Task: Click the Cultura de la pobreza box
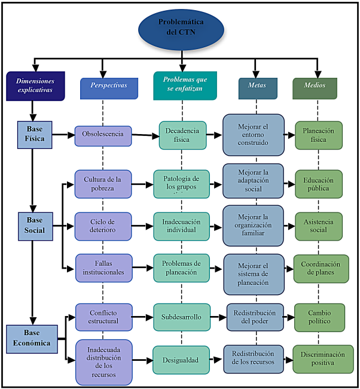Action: point(103,183)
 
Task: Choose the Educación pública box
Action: point(319,184)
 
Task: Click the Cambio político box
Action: point(319,317)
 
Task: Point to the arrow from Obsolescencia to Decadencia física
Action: point(145,135)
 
